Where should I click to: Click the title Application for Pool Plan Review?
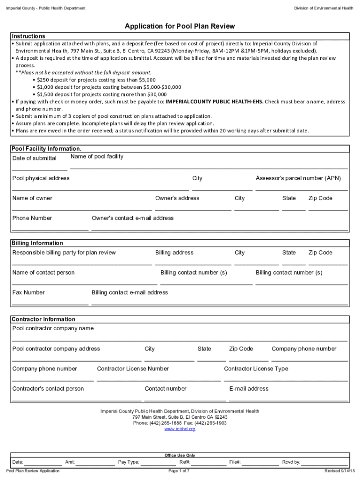pos(180,26)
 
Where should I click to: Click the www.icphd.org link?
pos(180,429)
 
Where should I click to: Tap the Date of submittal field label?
pos(34,159)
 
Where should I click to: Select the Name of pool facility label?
pos(97,157)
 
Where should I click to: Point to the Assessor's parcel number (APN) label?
pos(298,178)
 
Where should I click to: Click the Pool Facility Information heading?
pos(43,149)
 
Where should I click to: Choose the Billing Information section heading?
pos(37,243)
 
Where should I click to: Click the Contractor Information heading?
pos(43,319)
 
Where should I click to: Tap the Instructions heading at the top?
pos(29,36)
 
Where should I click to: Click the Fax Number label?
pos(29,293)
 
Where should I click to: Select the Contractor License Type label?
pos(256,369)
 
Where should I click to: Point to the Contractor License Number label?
pos(133,369)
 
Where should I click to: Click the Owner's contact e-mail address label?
pos(132,218)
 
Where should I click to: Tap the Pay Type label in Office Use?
pos(129,462)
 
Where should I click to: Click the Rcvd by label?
pos(291,462)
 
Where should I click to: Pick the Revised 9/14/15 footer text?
pos(340,471)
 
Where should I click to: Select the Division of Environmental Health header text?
pos(324,8)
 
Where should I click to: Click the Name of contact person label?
pos(43,273)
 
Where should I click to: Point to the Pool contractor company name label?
pos(53,328)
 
